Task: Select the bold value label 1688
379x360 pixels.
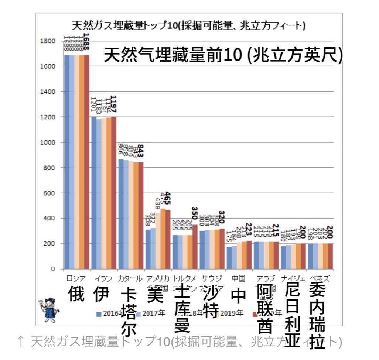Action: [x=86, y=41]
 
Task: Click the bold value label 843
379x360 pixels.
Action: [x=140, y=152]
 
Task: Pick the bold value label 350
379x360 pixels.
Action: [x=194, y=213]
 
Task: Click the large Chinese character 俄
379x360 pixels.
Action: [x=77, y=294]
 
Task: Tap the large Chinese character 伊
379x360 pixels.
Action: [x=101, y=294]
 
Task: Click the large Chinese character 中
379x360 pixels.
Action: [x=238, y=295]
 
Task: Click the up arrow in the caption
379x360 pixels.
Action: [x=21, y=342]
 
